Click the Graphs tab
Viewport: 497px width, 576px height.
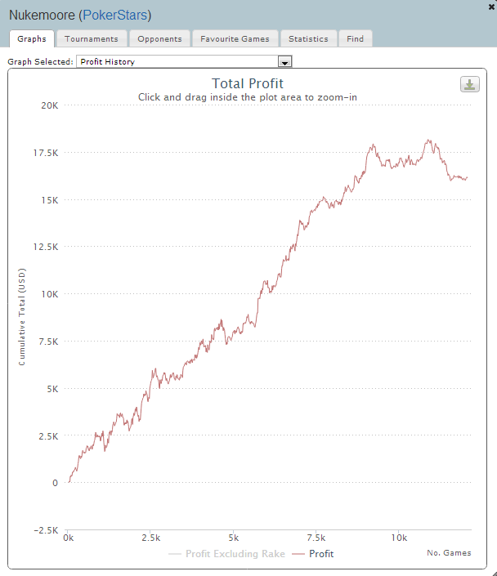[32, 38]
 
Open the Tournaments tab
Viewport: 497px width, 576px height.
[92, 38]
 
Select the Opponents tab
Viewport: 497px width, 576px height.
[160, 38]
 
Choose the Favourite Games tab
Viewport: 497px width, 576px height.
[235, 38]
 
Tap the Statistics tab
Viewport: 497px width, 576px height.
[308, 38]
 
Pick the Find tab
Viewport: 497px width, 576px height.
[356, 38]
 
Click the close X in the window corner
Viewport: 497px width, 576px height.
[490, 5]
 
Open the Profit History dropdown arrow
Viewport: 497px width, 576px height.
[285, 62]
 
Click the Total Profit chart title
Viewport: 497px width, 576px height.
[248, 83]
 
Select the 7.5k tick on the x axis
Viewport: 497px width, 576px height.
[316, 538]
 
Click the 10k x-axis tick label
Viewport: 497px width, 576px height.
[399, 538]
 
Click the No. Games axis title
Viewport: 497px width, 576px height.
[449, 553]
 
